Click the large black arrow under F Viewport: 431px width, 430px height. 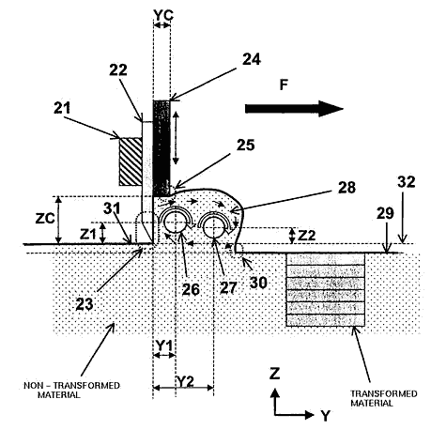[294, 109]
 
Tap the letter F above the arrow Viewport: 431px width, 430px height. [284, 85]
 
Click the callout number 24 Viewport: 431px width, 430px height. [252, 59]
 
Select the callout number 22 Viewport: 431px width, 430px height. [118, 70]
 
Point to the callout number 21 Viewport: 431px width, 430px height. [62, 108]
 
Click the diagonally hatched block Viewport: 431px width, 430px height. [131, 161]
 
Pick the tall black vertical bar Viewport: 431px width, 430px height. [162, 148]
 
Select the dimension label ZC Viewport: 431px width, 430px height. [45, 219]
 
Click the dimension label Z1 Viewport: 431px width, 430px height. [87, 234]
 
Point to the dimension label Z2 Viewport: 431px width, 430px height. [306, 235]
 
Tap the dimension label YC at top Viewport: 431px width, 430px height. [163, 15]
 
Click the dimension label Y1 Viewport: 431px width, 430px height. [164, 346]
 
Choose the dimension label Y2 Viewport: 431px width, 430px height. [186, 381]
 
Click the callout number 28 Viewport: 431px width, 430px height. [346, 188]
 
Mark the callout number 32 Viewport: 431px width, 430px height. [407, 182]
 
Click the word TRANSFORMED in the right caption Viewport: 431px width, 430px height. [384, 393]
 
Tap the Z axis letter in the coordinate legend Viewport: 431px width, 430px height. [274, 374]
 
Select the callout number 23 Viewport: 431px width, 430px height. [85, 304]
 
